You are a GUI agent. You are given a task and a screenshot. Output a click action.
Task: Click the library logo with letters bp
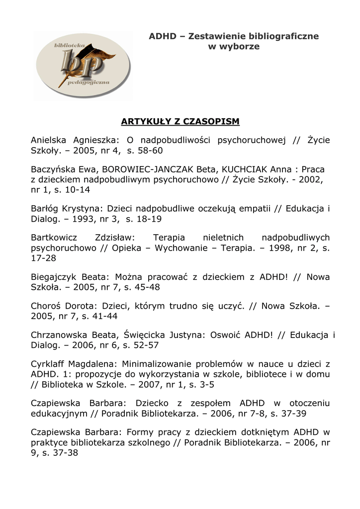click(x=83, y=65)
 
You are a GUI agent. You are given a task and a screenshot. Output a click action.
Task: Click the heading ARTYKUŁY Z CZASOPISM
click(x=180, y=121)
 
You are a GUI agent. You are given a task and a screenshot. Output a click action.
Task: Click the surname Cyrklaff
click(x=49, y=364)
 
